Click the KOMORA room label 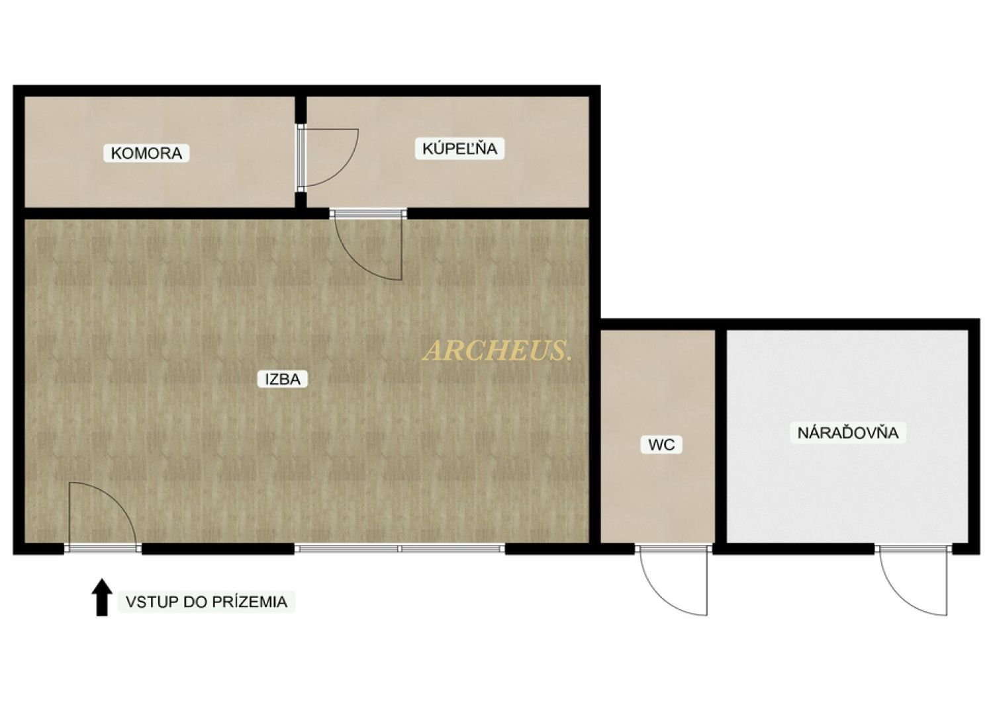[146, 153]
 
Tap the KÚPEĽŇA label [459, 148]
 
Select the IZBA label [283, 379]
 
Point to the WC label [661, 444]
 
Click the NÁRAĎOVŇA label [847, 433]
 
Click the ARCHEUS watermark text [497, 350]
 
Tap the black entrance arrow [102, 597]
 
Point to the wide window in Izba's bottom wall [400, 549]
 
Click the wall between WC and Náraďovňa [721, 436]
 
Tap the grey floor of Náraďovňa [847, 487]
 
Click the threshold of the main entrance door [103, 549]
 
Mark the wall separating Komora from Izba [160, 214]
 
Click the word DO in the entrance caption [195, 602]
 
